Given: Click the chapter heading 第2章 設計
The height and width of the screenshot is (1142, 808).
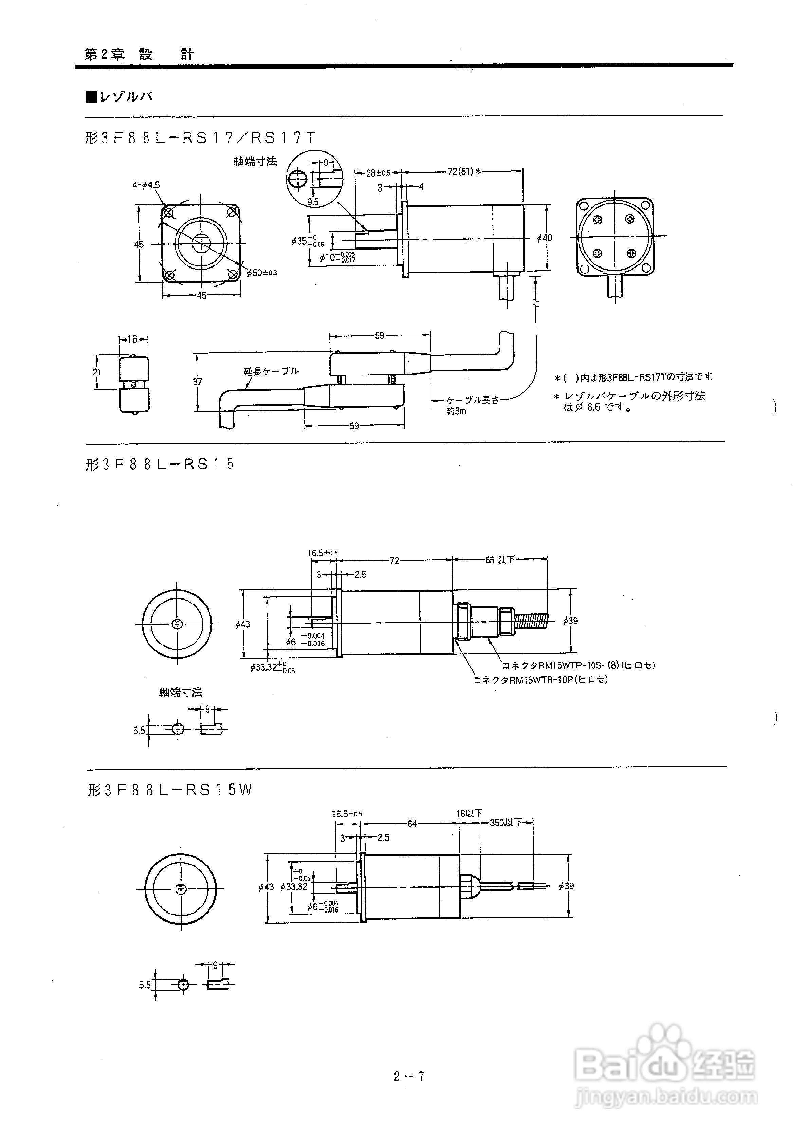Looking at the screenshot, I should [139, 54].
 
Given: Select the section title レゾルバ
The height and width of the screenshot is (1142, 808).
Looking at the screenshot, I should [120, 96].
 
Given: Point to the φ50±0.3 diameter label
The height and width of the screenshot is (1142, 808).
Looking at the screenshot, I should [262, 273].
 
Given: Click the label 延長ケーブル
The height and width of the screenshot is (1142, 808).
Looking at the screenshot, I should [271, 371].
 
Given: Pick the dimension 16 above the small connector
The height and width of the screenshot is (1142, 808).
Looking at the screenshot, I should [132, 339].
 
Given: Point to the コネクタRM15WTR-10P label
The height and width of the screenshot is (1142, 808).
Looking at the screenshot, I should [541, 679].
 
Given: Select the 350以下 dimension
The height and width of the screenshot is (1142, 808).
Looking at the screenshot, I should [506, 823].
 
